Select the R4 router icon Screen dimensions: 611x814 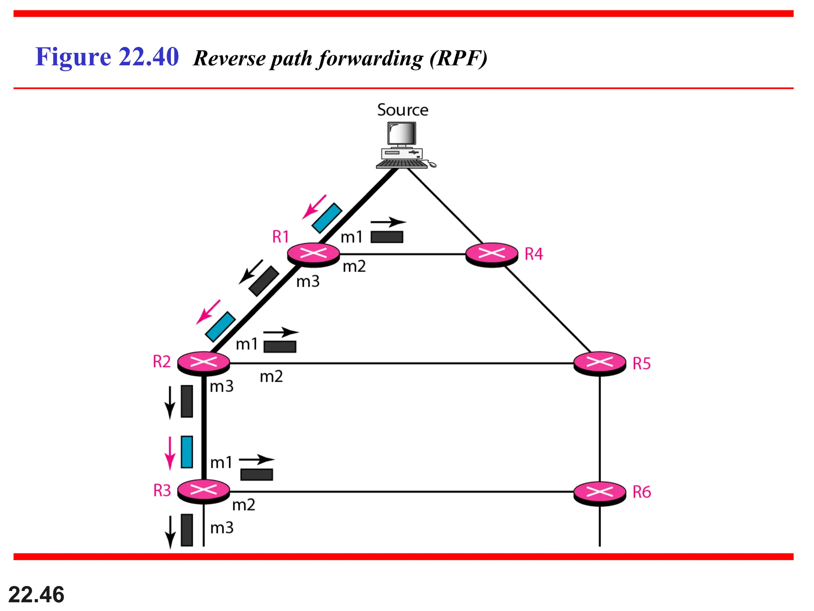tap(492, 254)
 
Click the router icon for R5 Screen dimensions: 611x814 tap(600, 363)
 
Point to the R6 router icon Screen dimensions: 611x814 tap(600, 492)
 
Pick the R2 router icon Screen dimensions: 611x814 tap(203, 362)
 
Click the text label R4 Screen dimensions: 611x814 tap(533, 254)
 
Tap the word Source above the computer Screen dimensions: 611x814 tap(403, 110)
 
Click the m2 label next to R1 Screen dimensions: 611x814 tap(354, 266)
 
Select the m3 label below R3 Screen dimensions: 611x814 tap(222, 528)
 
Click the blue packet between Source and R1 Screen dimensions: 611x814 tap(327, 218)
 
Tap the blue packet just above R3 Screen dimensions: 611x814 tap(187, 452)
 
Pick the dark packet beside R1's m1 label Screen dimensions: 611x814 tap(387, 237)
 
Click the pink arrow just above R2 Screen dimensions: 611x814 tap(208, 312)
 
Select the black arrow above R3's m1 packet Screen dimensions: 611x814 tap(256, 459)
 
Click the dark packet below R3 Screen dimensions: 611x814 tap(187, 530)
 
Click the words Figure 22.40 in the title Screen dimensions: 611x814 tap(107, 57)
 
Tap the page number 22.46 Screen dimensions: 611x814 tap(36, 595)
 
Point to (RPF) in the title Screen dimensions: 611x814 tap(458, 58)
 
